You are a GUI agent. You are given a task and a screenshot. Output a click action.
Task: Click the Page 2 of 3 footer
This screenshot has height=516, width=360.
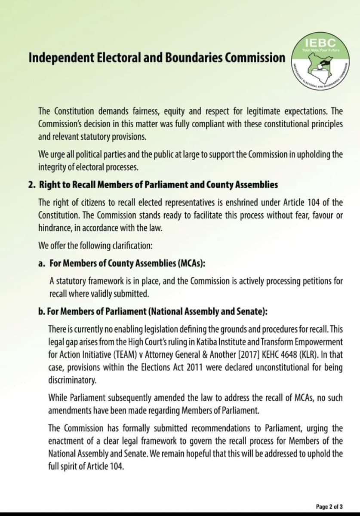click(329, 507)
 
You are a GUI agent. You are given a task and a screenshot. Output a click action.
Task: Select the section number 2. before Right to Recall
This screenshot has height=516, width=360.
click(31, 185)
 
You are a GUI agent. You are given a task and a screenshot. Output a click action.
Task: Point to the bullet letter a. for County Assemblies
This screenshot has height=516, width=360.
click(42, 263)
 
